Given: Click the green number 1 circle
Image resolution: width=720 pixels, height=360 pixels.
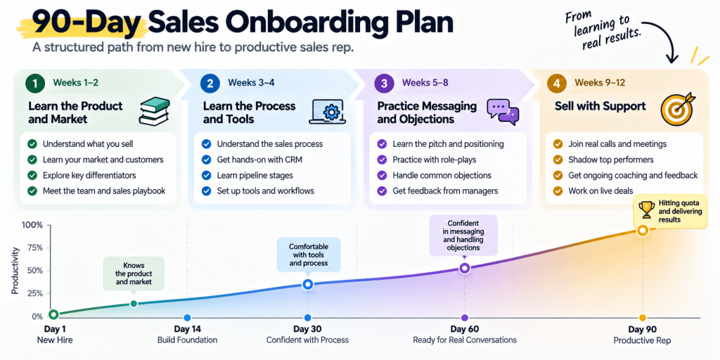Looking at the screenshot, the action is point(35,83).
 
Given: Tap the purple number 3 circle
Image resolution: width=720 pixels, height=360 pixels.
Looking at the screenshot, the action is point(384,83).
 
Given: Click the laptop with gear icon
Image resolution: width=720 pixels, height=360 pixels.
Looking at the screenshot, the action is point(327,111).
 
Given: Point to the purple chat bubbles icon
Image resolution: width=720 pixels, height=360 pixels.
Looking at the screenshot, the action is point(503,112).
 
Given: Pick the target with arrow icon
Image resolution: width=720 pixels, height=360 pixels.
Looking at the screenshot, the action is point(678,109).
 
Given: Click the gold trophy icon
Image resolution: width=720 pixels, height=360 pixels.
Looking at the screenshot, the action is point(647,210).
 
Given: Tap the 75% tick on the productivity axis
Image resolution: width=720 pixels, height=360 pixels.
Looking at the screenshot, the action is point(35,248).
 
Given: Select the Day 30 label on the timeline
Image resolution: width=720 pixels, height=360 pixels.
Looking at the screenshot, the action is point(307,329).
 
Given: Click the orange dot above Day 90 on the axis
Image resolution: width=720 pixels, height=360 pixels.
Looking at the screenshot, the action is point(643,318).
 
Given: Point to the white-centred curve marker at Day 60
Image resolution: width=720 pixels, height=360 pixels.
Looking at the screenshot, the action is point(464,268).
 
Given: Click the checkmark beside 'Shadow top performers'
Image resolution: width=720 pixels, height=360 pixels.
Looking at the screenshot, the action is point(558,160).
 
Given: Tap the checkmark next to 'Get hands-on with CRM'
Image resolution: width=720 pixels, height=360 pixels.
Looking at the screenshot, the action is point(207,160).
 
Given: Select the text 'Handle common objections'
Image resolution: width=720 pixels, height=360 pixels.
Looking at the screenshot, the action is point(442,175).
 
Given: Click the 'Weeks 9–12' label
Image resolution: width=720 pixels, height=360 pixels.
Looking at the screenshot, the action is point(600,83).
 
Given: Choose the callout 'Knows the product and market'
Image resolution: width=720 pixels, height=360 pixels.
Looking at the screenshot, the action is point(133,274).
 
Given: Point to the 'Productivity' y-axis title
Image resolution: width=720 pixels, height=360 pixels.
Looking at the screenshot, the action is point(16,271).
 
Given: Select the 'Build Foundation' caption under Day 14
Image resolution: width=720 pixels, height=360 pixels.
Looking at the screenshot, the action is point(187,340).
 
